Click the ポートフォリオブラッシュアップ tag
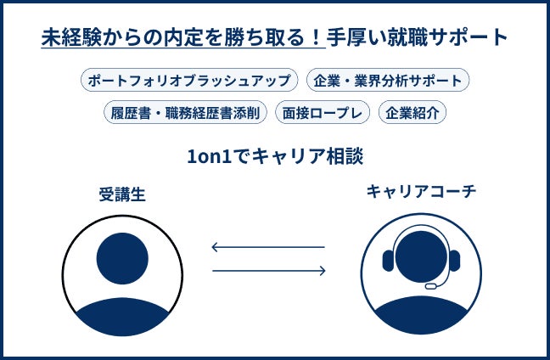(x=190, y=82)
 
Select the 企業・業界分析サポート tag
(x=387, y=82)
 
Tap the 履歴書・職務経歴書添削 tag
(x=185, y=112)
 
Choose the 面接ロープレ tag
(x=323, y=112)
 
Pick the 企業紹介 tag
(x=412, y=112)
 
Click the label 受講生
(x=122, y=194)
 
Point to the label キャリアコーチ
(x=421, y=192)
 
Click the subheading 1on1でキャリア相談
(x=273, y=157)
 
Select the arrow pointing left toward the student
(x=268, y=248)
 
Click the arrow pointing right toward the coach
(x=268, y=271)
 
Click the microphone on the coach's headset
(x=432, y=286)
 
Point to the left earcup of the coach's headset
(x=388, y=260)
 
